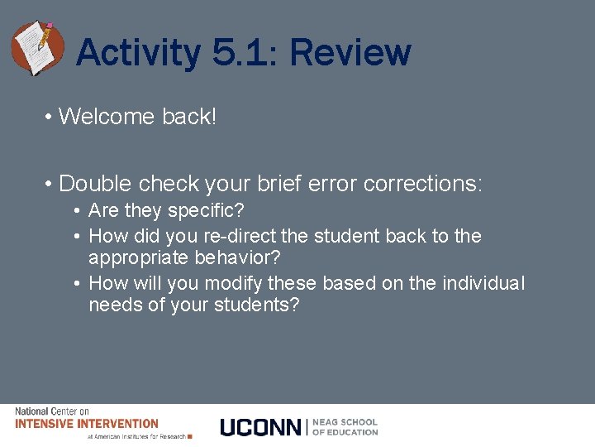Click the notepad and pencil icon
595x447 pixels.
37,47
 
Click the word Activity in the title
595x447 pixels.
138,53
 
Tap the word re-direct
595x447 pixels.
240,236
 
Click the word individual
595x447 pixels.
483,283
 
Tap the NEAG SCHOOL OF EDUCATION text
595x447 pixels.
345,427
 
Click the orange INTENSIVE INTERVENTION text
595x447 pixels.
87,423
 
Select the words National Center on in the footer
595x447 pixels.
52,411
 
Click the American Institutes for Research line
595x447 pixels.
136,436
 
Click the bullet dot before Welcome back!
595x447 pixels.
50,118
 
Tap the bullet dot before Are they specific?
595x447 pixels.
76,212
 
